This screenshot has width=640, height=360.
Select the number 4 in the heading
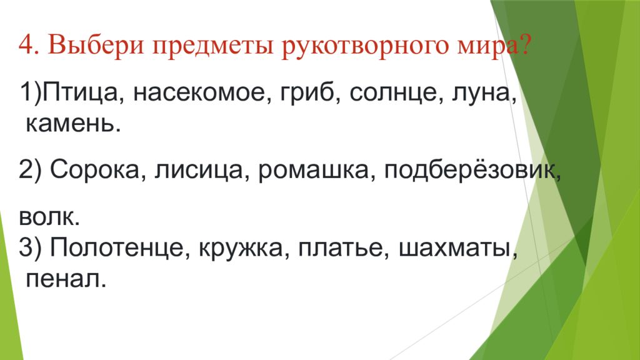26,44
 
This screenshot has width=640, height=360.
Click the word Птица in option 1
80,93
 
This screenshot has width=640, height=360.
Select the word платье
342,248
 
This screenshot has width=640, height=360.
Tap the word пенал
66,279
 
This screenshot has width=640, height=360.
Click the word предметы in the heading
212,46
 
